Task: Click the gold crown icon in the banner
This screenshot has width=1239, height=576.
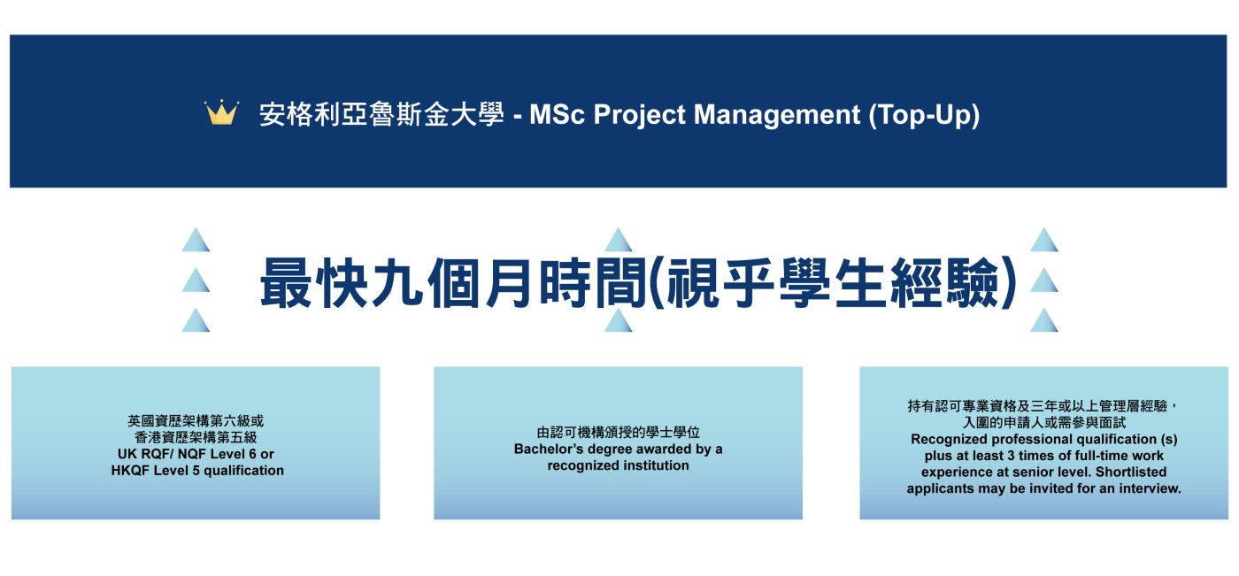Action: [221, 112]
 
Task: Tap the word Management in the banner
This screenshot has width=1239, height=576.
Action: [777, 116]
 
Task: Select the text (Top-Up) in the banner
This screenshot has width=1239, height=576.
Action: [924, 116]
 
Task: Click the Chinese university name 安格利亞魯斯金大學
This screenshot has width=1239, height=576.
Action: [381, 114]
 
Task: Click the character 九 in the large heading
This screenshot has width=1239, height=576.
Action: [398, 282]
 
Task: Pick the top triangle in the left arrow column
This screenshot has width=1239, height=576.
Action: [196, 240]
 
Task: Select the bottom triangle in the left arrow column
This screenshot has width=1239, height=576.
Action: [196, 320]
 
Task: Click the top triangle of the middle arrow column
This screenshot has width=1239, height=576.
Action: [619, 240]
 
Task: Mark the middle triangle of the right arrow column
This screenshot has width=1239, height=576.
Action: [1044, 280]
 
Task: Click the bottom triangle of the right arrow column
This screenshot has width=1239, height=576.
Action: [1044, 320]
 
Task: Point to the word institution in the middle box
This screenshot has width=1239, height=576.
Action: [655, 465]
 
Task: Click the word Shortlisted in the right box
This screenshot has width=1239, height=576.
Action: [1131, 472]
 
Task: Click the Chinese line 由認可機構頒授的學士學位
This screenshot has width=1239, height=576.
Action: [619, 433]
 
